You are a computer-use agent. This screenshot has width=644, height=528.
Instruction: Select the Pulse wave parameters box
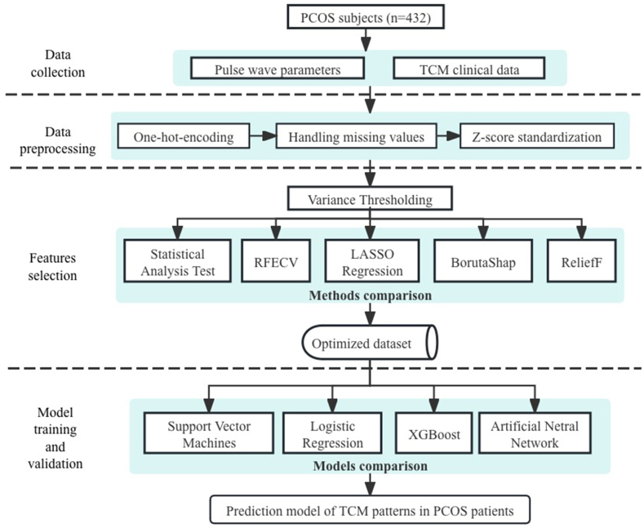pyautogui.click(x=277, y=69)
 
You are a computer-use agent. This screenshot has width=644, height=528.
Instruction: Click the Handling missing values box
pyautogui.click(x=357, y=136)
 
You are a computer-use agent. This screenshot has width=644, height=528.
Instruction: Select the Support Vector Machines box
pyautogui.click(x=207, y=432)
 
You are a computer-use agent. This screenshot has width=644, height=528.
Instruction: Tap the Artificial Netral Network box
pyautogui.click(x=534, y=432)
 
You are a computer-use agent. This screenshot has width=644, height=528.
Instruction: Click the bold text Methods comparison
pyautogui.click(x=371, y=295)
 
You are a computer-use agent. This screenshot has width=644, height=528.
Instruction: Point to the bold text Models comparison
pyautogui.click(x=371, y=468)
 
